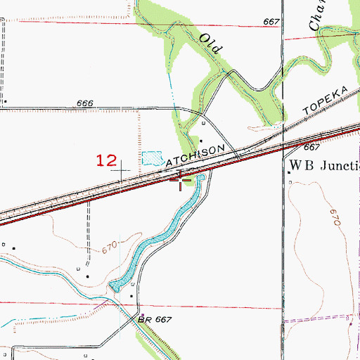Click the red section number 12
pyautogui.click(x=106, y=160)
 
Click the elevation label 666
pyautogui.click(x=85, y=103)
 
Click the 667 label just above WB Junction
pyautogui.click(x=312, y=148)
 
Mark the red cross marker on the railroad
pyautogui.click(x=181, y=180)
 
